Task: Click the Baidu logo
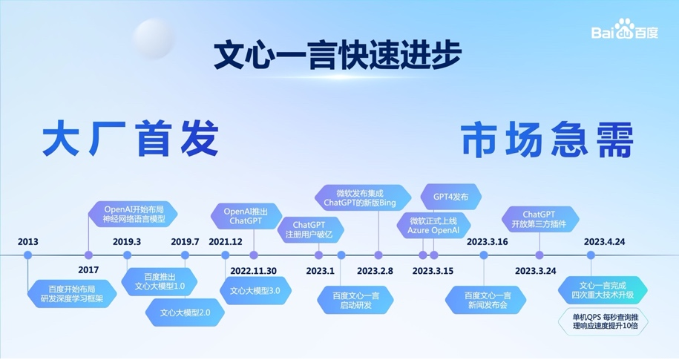coord(625,30)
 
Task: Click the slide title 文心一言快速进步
coord(338,56)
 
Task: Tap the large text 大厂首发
coord(131,139)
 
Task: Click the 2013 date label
coord(27,242)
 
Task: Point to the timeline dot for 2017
coord(89,255)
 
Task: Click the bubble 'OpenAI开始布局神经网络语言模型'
coord(134,214)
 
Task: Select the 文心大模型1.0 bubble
coord(160,281)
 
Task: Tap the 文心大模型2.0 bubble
coord(185,312)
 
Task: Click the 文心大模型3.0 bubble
coord(255,291)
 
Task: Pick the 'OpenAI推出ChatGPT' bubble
coord(246,216)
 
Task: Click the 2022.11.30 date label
coord(253,271)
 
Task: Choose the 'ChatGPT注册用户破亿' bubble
coord(310,230)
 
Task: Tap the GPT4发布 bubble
coord(450,197)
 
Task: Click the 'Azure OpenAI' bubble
coord(433,226)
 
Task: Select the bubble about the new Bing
coord(362,198)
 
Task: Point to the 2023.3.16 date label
coord(487,242)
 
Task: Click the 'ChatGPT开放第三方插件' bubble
coord(540,219)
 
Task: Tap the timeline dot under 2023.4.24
coord(591,255)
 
